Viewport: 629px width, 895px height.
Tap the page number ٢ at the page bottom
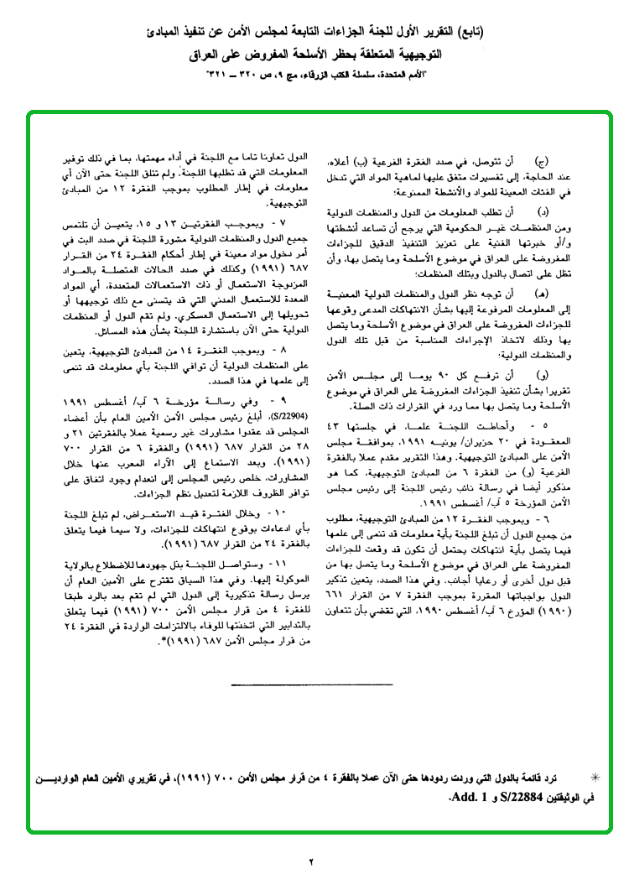(309, 861)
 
